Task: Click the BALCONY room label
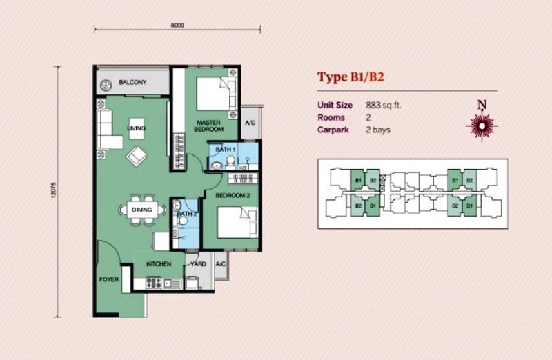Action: [x=132, y=82]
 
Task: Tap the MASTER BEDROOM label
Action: [x=209, y=126]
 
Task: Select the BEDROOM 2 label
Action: [x=233, y=195]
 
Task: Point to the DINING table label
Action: [x=142, y=210]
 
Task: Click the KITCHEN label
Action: [x=159, y=264]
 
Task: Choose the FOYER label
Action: [x=109, y=279]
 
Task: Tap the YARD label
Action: [x=198, y=264]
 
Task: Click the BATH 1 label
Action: [x=226, y=150]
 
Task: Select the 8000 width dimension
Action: [x=177, y=26]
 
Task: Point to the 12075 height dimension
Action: [x=54, y=190]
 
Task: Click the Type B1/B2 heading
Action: [x=351, y=77]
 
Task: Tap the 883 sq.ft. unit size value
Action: [x=384, y=106]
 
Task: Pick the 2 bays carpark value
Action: [x=378, y=130]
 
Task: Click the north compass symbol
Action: [x=482, y=126]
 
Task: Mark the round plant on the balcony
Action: [x=106, y=85]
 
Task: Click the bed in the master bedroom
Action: [x=216, y=94]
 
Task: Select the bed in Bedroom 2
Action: [x=237, y=222]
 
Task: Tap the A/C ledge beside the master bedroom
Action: [x=250, y=123]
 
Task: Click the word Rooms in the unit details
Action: [x=331, y=117]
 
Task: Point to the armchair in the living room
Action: [x=137, y=156]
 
